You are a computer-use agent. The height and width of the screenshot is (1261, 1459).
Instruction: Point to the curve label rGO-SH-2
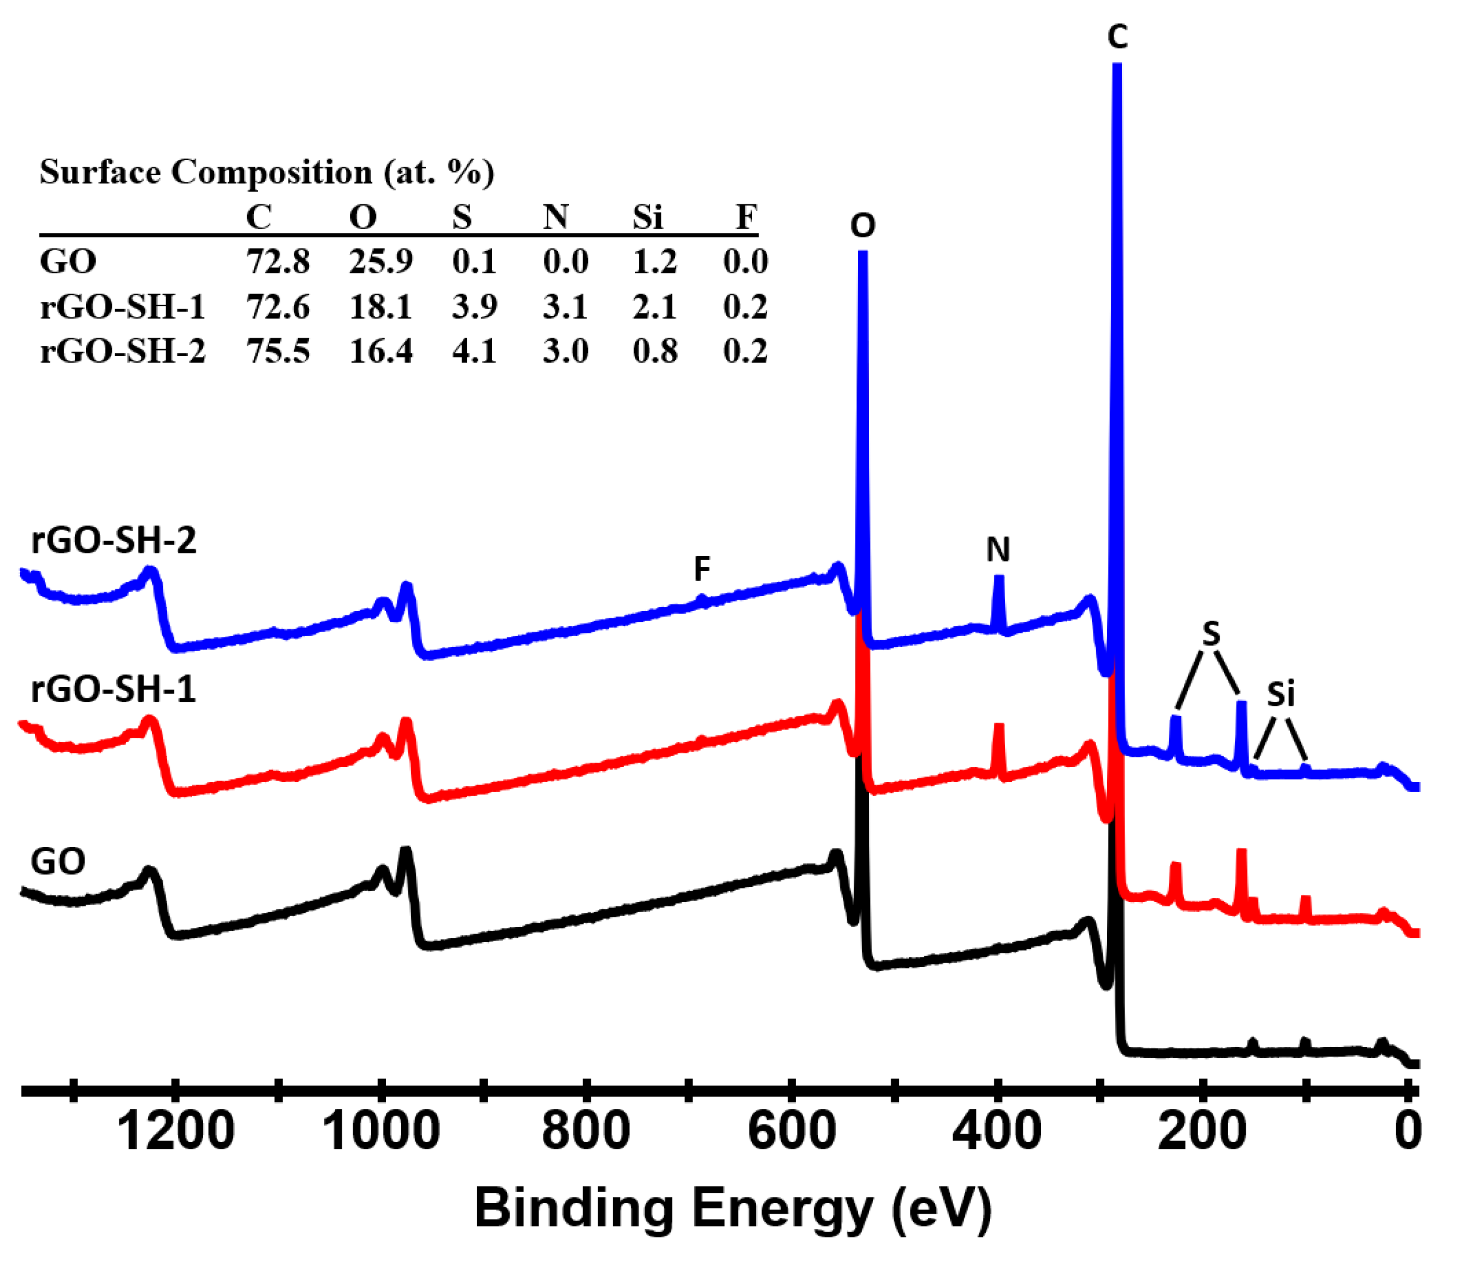[113, 540]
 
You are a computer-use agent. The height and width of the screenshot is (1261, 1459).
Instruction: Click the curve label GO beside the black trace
[58, 861]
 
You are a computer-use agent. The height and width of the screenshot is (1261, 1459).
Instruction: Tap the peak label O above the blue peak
[863, 226]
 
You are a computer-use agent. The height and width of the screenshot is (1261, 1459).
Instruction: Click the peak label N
[998, 549]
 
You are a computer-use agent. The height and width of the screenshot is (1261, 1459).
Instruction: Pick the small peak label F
[702, 569]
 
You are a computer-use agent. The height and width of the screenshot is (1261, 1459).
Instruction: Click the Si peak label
[1281, 695]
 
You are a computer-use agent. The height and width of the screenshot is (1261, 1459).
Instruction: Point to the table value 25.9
[381, 262]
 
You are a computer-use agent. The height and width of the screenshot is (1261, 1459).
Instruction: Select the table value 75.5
[278, 351]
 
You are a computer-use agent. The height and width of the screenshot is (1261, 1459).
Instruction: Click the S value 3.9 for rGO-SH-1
[474, 306]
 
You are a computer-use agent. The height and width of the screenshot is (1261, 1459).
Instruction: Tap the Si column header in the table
[647, 217]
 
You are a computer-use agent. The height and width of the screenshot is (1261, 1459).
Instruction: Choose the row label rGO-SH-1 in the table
[122, 306]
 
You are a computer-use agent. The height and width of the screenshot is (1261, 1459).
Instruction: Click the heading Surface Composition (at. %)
[267, 172]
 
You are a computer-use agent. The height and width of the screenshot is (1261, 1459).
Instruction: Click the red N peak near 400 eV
[998, 747]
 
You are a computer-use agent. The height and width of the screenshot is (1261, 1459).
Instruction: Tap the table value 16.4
[381, 351]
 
